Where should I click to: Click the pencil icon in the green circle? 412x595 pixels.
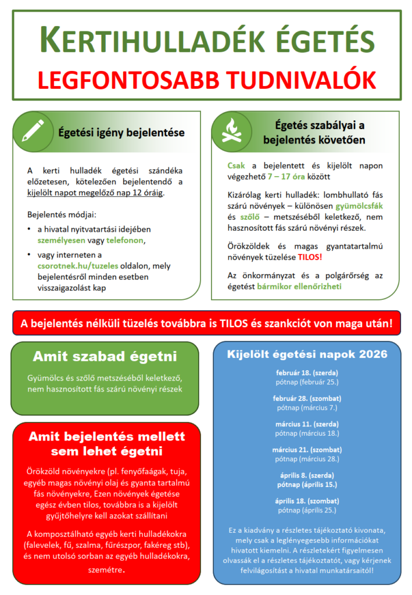33,131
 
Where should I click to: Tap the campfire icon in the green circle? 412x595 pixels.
231,131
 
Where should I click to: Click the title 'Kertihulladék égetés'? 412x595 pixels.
206,40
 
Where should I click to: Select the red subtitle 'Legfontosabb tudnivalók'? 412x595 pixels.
206,80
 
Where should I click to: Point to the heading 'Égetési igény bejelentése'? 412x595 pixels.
121,132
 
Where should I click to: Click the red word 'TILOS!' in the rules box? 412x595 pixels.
310,256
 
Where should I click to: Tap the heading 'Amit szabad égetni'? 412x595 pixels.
105,356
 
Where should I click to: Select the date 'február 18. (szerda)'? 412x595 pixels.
307,372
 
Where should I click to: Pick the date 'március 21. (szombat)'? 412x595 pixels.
307,450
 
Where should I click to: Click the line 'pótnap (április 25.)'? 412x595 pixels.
307,510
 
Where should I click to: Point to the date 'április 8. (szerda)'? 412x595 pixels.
307,475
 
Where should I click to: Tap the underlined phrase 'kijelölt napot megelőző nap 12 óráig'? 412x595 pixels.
95,192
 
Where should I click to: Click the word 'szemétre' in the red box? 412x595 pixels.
105,570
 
